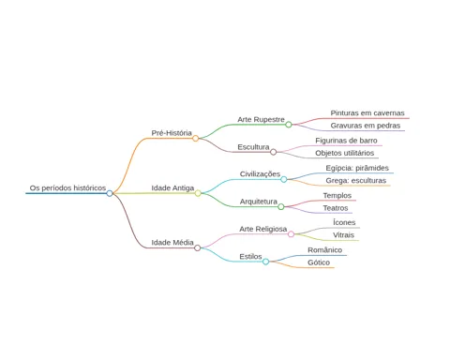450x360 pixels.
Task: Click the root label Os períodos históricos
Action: click(67, 188)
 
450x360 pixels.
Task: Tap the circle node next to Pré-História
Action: click(195, 138)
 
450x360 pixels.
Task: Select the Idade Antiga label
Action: click(172, 188)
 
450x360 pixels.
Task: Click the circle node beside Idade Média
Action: click(197, 248)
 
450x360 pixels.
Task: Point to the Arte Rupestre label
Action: click(261, 120)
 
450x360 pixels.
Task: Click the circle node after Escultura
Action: click(273, 152)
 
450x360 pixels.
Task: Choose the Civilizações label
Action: click(260, 174)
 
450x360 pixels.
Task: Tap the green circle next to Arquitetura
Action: click(281, 206)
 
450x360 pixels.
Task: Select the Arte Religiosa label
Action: click(263, 229)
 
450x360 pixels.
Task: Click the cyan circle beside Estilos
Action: click(265, 262)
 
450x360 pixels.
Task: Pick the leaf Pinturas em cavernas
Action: click(367, 113)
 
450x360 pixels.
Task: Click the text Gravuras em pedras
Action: click(366, 126)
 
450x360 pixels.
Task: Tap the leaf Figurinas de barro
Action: click(346, 141)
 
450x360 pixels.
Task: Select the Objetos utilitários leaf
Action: click(345, 153)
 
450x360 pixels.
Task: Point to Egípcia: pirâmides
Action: click(357, 168)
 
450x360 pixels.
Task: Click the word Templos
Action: click(337, 196)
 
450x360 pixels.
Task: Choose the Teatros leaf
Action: click(336, 208)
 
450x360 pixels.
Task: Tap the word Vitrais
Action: click(343, 235)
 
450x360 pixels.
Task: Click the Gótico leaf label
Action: click(319, 262)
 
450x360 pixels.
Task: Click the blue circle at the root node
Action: click(110, 193)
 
